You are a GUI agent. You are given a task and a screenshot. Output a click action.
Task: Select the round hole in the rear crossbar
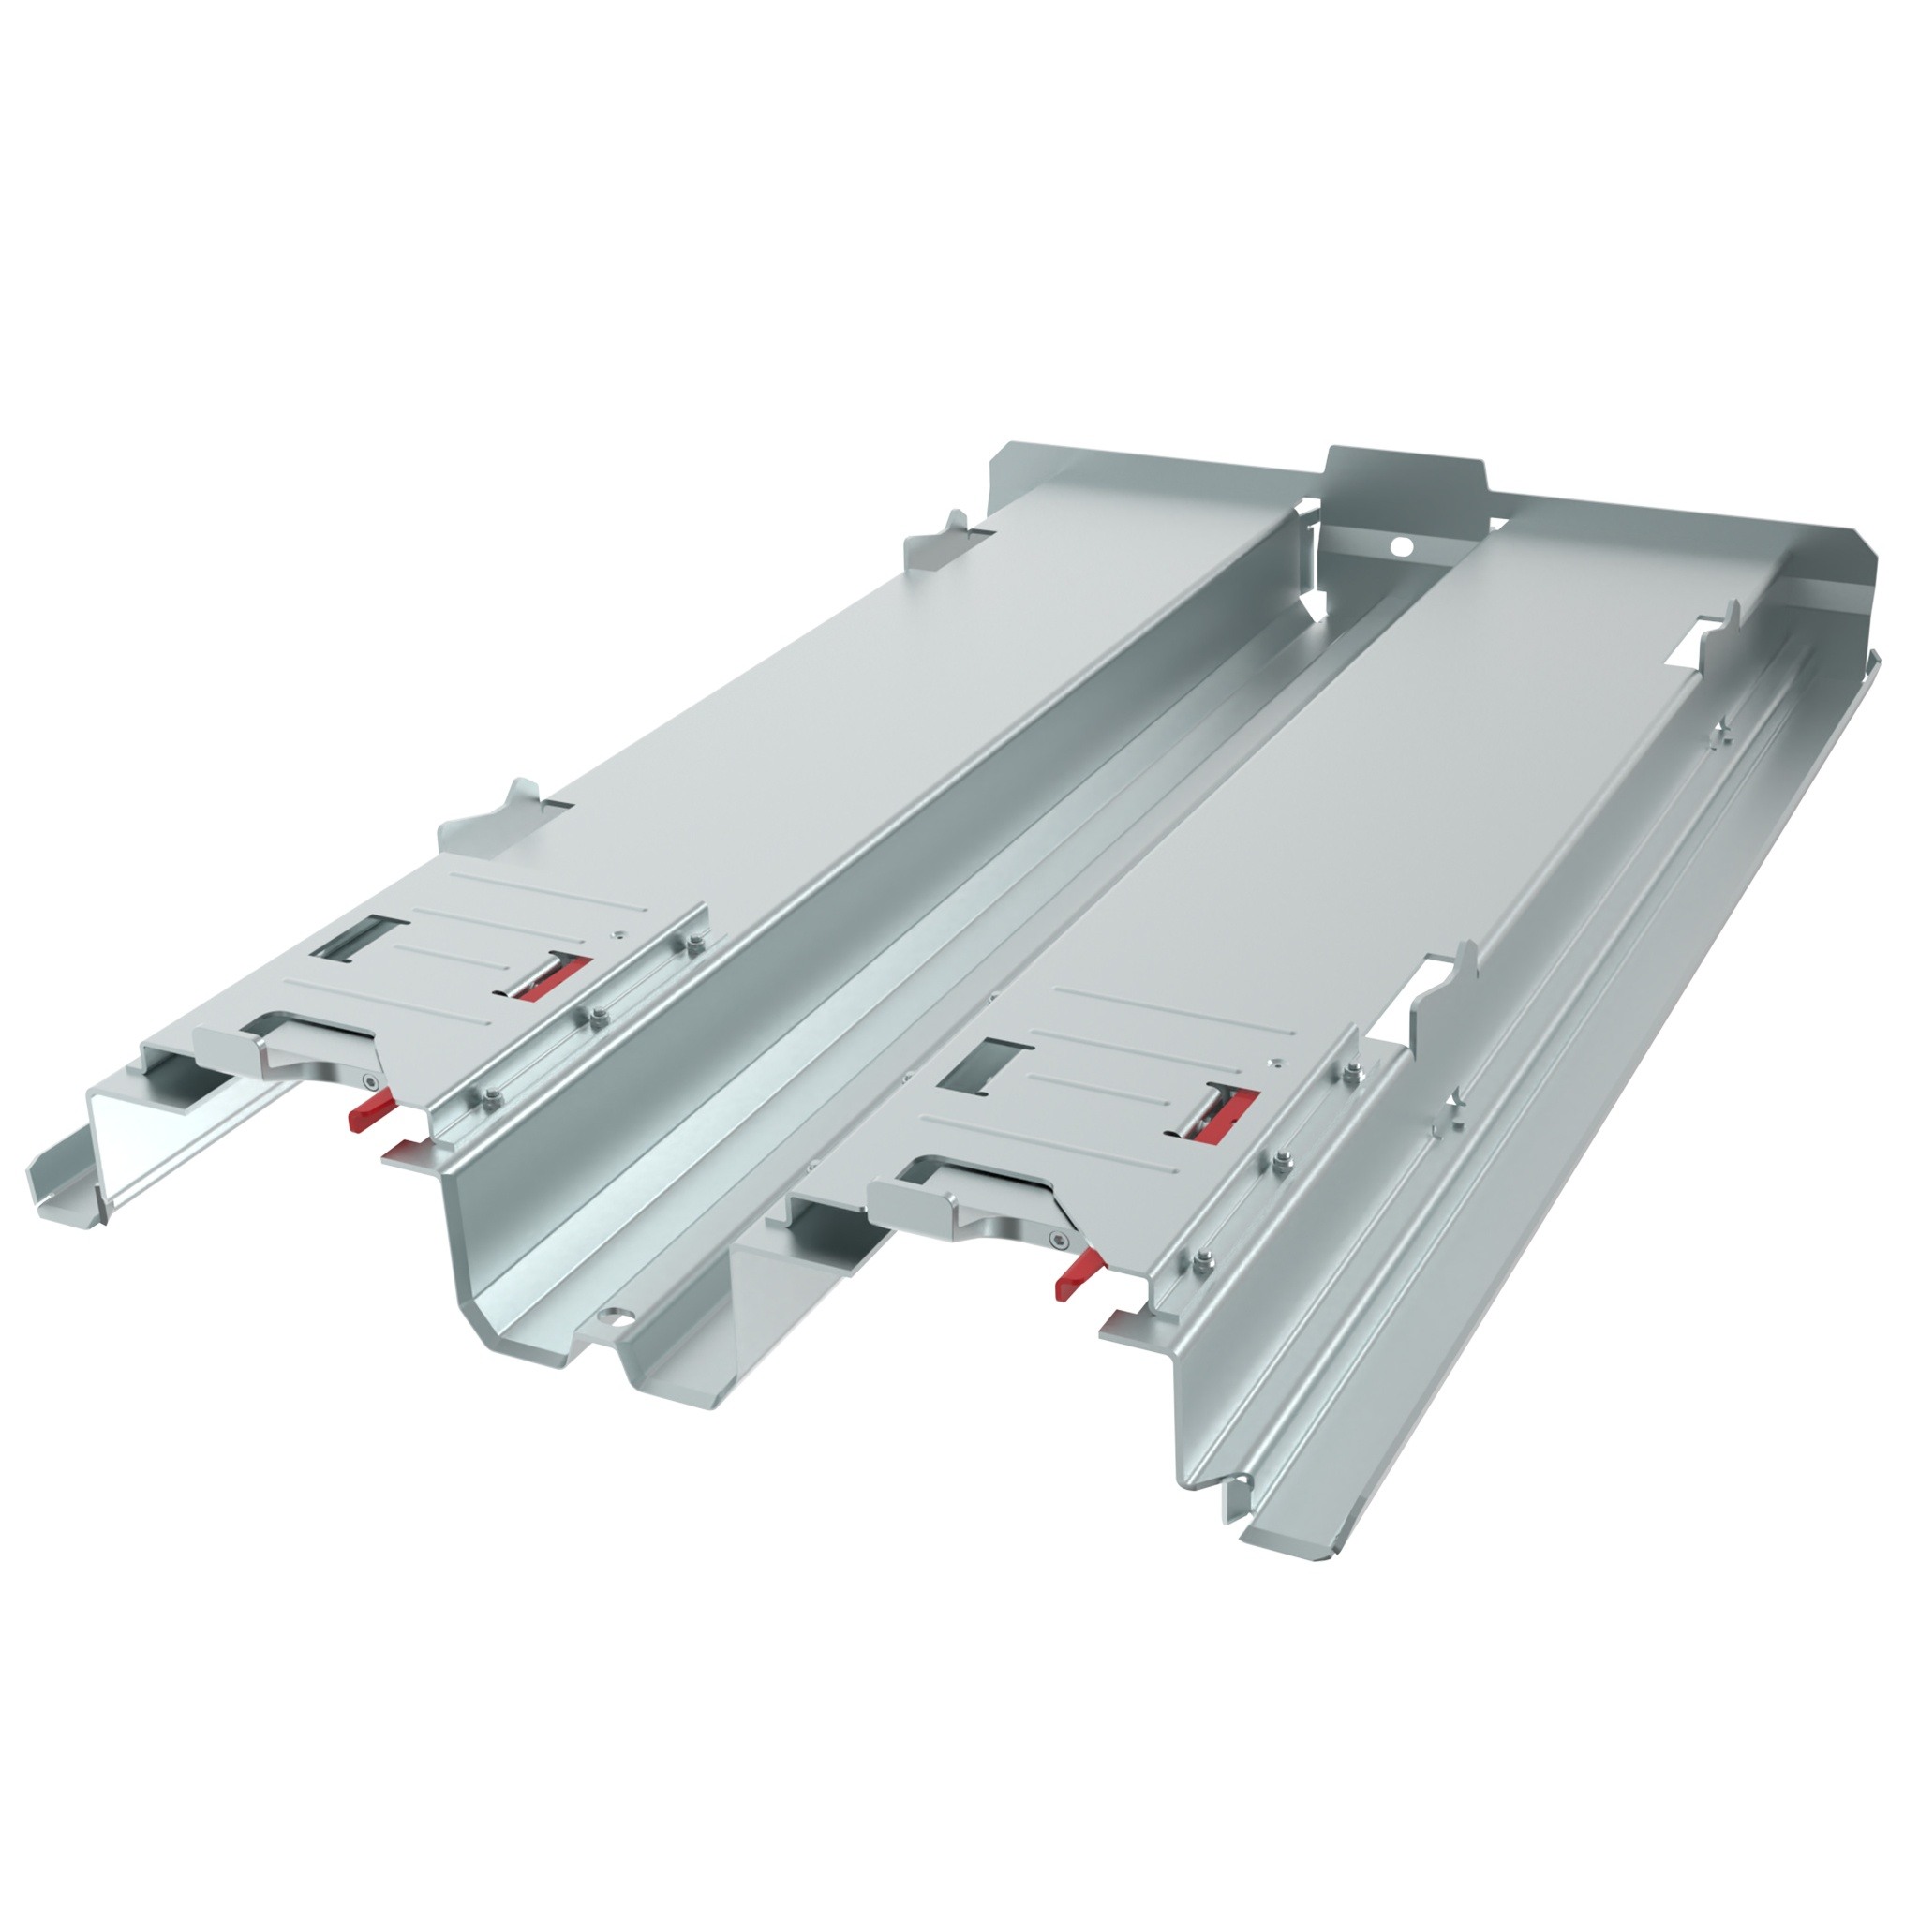point(1401,545)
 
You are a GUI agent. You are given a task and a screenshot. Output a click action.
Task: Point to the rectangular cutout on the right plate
point(983,1065)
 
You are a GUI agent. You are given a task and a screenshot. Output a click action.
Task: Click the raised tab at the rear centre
point(1405,474)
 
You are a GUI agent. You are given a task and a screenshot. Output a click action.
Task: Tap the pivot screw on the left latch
point(369,1081)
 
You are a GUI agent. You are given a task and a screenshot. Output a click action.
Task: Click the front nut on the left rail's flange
point(494,1094)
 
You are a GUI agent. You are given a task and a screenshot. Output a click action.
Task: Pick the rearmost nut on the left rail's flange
point(692,944)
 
